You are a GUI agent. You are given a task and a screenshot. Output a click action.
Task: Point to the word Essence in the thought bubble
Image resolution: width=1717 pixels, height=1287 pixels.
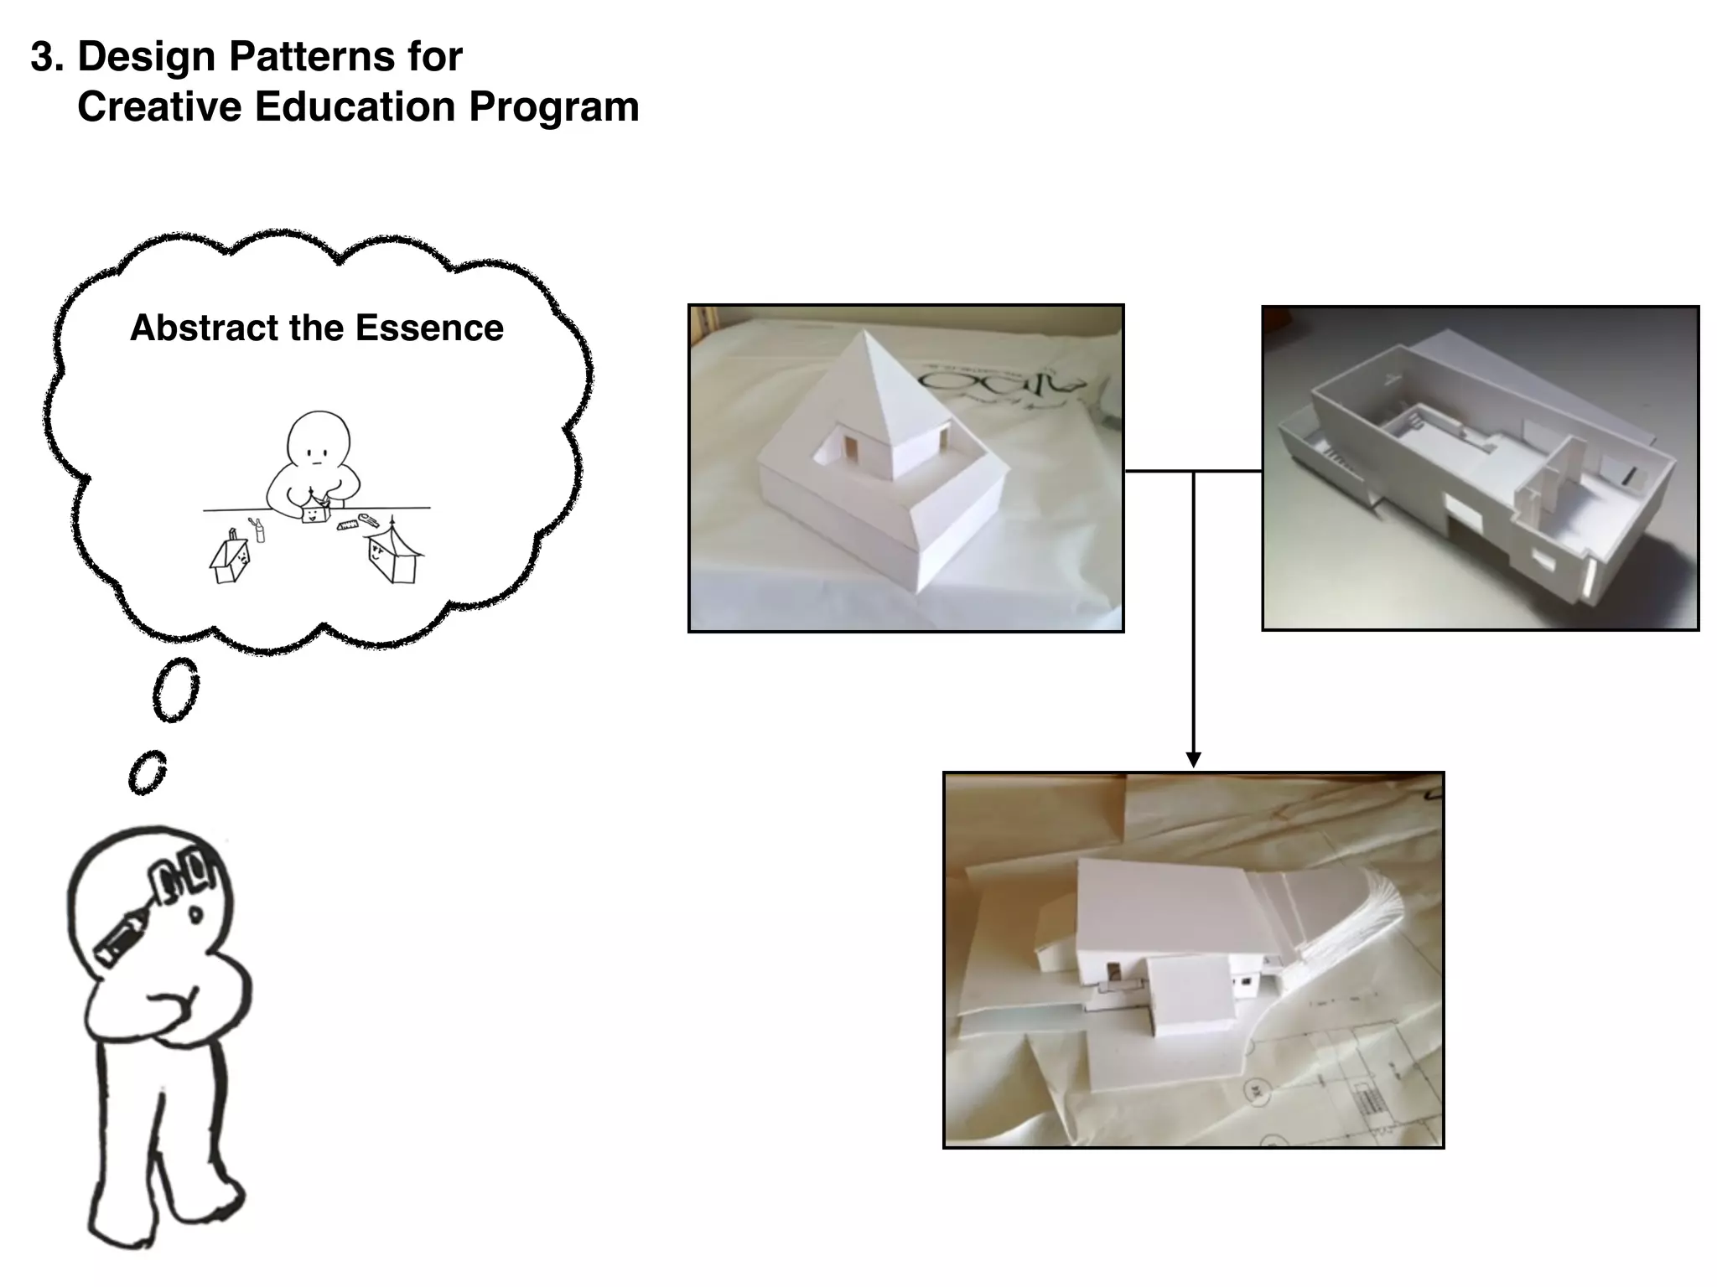point(429,328)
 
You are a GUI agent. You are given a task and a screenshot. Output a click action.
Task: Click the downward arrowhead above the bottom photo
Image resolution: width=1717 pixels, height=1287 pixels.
point(1194,759)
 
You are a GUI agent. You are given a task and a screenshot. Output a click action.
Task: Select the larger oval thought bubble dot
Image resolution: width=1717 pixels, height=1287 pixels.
point(176,690)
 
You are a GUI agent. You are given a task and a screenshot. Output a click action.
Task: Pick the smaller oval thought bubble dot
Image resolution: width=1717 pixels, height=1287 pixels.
point(148,772)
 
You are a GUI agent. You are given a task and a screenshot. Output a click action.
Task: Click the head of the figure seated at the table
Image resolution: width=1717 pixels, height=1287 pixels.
point(318,441)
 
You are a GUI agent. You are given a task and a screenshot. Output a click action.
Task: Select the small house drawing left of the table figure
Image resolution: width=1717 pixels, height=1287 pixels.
point(230,559)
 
